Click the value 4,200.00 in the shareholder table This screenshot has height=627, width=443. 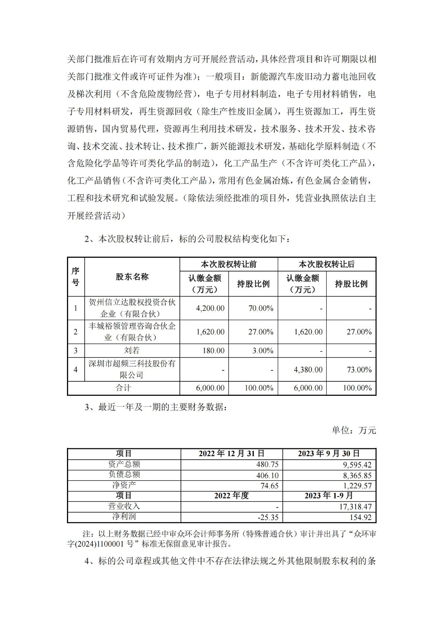[210, 308]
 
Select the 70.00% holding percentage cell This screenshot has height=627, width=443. [260, 308]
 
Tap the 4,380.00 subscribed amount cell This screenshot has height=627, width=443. [308, 370]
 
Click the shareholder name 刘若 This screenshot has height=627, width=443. [132, 350]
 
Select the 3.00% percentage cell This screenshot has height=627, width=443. [262, 350]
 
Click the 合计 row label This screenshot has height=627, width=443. [123, 388]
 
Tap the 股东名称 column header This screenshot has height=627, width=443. [132, 277]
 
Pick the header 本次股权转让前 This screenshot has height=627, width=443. [229, 264]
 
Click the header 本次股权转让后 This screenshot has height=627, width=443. [327, 264]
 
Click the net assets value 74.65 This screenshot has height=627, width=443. [269, 486]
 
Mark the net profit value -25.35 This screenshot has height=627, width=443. [268, 517]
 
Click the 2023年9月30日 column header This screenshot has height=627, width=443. [329, 453]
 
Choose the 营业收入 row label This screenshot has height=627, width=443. [124, 506]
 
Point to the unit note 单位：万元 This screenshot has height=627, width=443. [354, 430]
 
